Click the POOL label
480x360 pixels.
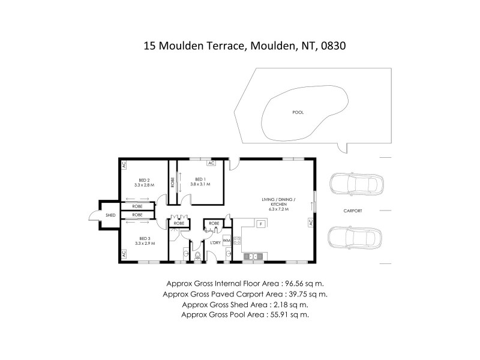point(298,112)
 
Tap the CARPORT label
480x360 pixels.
point(353,211)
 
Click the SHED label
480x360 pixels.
point(110,214)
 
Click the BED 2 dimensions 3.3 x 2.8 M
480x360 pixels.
point(143,185)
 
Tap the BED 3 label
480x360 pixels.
point(144,238)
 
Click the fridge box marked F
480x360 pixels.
point(261,224)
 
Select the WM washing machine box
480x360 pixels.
point(226,240)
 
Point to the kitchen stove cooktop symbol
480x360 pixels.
point(237,241)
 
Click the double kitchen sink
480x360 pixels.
point(253,257)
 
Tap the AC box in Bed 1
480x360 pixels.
point(211,163)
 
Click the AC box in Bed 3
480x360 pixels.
point(124,254)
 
